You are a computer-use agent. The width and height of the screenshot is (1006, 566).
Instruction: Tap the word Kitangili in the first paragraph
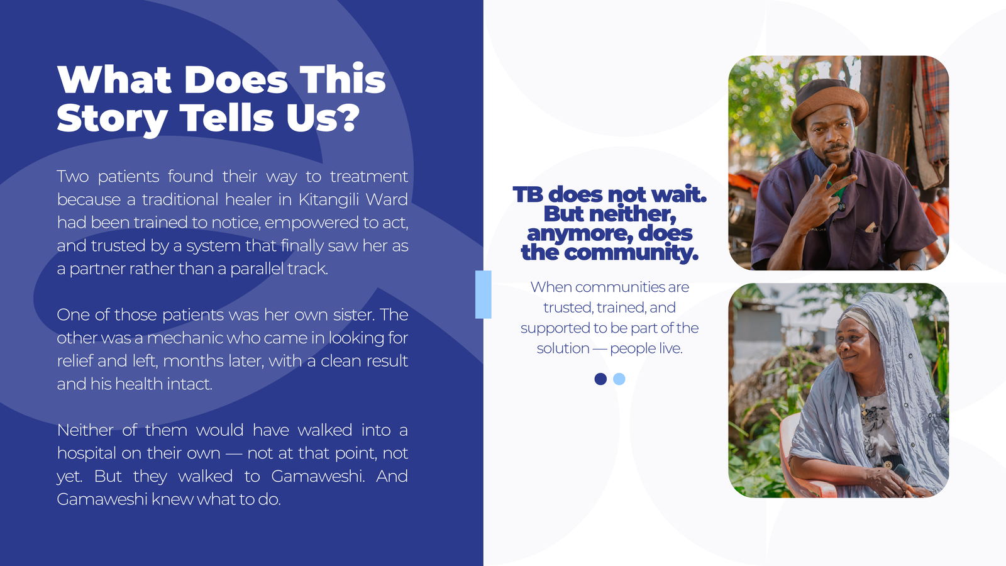click(x=328, y=199)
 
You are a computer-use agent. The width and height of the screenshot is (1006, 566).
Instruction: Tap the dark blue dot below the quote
click(x=600, y=379)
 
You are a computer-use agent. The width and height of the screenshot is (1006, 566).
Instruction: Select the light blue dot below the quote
click(x=619, y=379)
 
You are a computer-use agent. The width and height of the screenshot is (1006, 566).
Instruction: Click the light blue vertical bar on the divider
click(x=484, y=295)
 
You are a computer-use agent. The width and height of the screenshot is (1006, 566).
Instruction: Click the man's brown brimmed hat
click(x=829, y=106)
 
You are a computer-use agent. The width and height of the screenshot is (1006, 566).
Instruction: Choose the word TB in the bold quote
click(x=528, y=194)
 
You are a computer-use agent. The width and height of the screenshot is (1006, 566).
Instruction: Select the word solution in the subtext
click(x=563, y=348)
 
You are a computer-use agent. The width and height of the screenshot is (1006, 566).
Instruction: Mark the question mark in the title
click(x=351, y=117)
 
